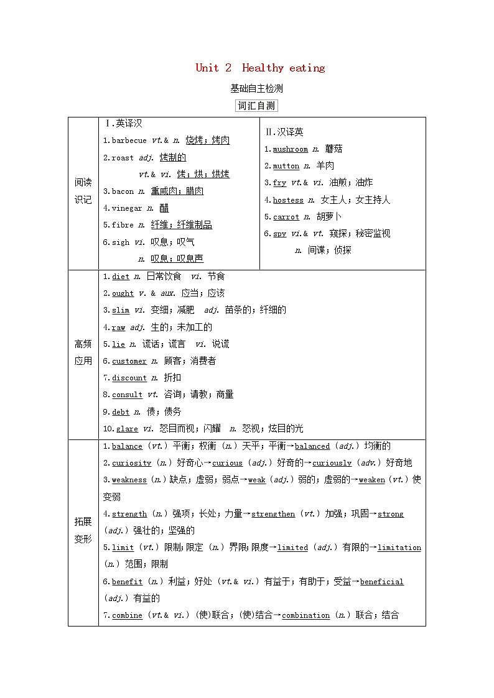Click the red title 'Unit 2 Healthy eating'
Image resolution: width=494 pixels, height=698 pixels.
coord(260,68)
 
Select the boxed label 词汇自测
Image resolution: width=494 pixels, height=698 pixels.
coord(256,106)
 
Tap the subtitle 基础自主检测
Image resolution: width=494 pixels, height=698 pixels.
coord(256,88)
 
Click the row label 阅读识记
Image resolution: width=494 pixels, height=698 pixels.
coord(83,191)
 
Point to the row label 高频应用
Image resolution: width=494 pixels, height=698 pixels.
coord(83,352)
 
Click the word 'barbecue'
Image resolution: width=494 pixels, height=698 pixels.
coord(129,141)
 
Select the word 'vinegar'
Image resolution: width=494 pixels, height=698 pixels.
coord(127,208)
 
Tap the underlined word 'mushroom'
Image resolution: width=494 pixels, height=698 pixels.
coord(291,149)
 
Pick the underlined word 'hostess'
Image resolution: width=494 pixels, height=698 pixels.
coord(288,200)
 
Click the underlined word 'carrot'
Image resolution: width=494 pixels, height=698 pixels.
coord(286,217)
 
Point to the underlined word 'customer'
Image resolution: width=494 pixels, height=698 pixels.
coord(129,361)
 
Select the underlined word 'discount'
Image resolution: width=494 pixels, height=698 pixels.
coord(129,378)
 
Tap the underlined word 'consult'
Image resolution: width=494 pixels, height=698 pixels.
coord(127,395)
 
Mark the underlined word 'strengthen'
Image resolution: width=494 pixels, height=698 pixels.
coord(273,514)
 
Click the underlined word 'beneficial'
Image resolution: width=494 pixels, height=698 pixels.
coord(382,582)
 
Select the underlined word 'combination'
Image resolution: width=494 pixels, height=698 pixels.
coord(305,615)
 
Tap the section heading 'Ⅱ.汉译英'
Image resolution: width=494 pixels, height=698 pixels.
coord(284,132)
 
